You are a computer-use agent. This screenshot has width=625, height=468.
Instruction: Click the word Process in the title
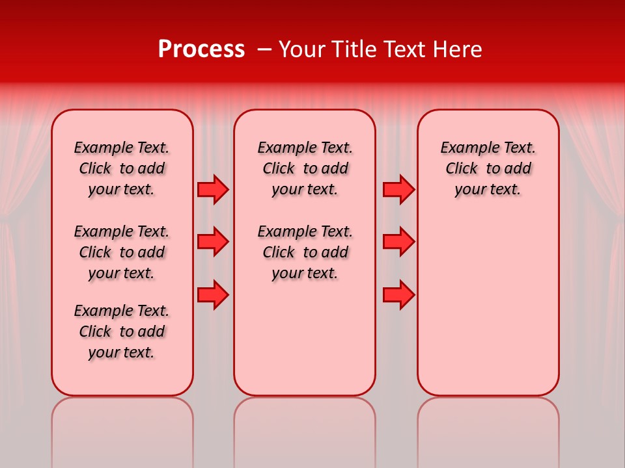click(x=201, y=49)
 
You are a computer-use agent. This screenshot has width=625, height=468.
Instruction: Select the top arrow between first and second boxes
click(x=213, y=190)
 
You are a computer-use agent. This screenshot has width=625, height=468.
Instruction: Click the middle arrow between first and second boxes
click(x=213, y=242)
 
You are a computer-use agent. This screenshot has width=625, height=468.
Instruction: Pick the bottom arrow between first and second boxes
click(x=213, y=295)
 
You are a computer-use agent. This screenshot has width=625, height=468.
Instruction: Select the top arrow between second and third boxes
click(x=398, y=190)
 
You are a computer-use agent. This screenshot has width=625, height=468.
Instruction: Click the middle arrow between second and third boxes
click(x=398, y=242)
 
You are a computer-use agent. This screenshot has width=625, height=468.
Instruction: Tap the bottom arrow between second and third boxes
click(x=398, y=295)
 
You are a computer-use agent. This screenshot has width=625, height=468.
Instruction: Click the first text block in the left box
click(x=122, y=168)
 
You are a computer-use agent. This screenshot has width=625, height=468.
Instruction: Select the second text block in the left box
click(x=122, y=252)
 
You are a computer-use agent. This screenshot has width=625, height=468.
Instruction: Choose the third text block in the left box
click(x=122, y=331)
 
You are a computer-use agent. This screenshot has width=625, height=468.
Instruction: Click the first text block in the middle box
click(x=305, y=168)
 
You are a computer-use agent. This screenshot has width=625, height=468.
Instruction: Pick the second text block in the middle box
click(x=305, y=252)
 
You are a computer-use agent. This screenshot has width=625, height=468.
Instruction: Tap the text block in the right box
click(x=488, y=168)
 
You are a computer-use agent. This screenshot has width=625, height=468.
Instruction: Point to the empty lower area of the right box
click(x=488, y=305)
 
